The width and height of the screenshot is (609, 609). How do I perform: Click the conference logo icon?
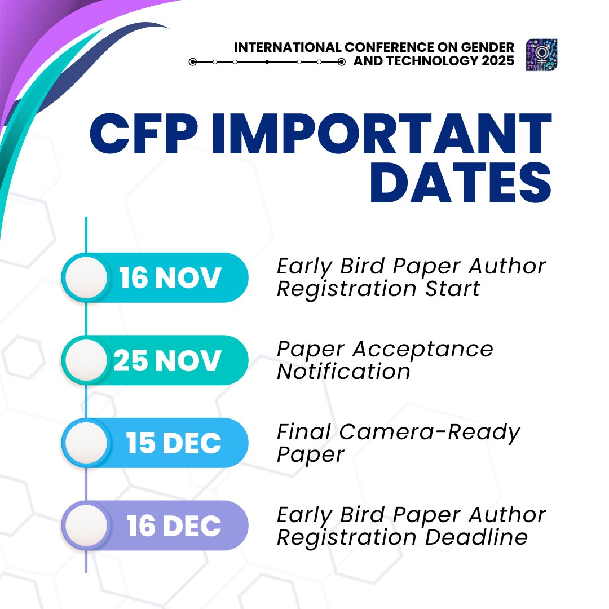pos(541,55)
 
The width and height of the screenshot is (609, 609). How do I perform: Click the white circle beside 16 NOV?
pos(85,278)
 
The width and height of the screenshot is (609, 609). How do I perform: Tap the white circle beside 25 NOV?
pos(85,361)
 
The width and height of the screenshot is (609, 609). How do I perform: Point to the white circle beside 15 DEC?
pos(85,443)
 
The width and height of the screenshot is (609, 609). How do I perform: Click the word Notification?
pos(343,372)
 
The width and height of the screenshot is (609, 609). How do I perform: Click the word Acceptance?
pos(423,349)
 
